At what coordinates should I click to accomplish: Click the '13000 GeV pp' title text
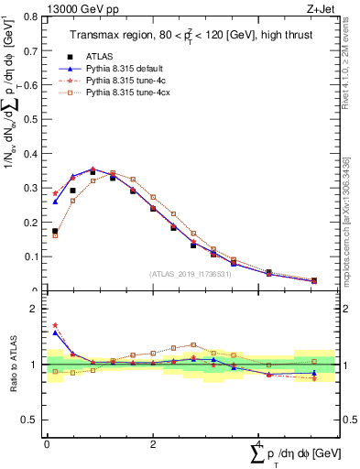click(x=80, y=8)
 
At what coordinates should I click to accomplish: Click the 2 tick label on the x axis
click(x=152, y=444)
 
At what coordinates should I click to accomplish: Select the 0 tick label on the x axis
click(x=47, y=444)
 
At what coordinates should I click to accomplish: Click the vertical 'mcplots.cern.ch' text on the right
click(x=346, y=220)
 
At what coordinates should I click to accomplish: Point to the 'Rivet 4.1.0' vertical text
click(x=346, y=55)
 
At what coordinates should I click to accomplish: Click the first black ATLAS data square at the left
click(x=55, y=232)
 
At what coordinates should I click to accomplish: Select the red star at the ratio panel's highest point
click(x=55, y=325)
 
